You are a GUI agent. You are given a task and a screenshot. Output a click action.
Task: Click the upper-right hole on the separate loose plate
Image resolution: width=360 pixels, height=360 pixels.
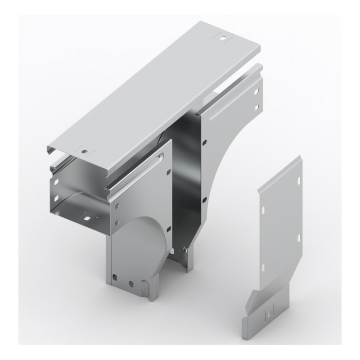pyautogui.click(x=297, y=181)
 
